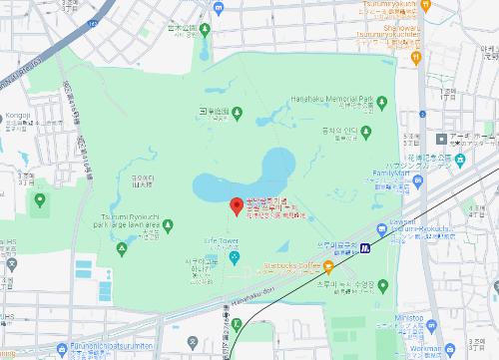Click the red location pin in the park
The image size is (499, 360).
[237, 206]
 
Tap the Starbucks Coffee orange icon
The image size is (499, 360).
[314, 266]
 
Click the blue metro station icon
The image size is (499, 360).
[366, 246]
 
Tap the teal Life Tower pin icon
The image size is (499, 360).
[235, 259]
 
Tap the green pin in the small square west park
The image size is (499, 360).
[40, 200]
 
